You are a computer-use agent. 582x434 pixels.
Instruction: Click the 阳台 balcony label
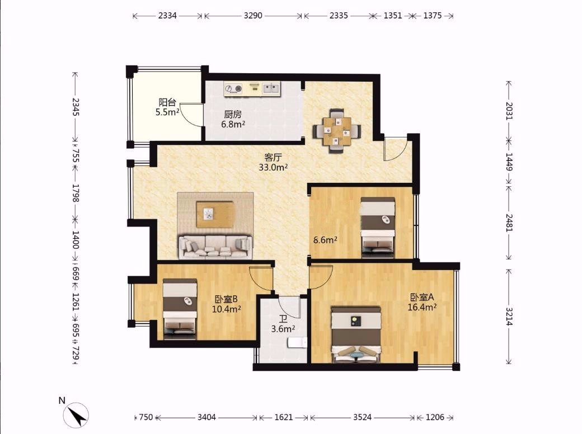[x=167, y=102]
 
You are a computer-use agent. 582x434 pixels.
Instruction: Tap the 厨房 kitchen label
[x=233, y=114]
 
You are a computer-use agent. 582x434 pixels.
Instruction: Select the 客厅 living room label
[x=273, y=157]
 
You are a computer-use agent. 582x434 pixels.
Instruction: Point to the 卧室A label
[x=421, y=297]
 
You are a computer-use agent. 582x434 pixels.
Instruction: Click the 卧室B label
[x=226, y=299]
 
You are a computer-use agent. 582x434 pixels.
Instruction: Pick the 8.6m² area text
[x=325, y=240]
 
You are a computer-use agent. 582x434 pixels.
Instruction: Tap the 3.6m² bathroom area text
[x=283, y=329]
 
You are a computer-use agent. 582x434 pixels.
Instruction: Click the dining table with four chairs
[x=337, y=131]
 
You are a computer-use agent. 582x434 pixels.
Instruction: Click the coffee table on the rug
[x=215, y=214]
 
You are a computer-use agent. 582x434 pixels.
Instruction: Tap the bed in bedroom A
[x=356, y=334]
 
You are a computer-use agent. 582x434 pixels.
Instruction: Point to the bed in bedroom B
[x=180, y=309]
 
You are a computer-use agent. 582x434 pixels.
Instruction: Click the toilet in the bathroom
[x=297, y=342]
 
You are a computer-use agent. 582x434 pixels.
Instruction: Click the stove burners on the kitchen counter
[x=233, y=88]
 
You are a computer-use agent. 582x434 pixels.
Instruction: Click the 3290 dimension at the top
[x=253, y=16]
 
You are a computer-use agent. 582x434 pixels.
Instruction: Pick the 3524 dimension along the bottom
[x=362, y=417]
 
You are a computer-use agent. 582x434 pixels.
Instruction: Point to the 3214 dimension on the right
[x=509, y=317]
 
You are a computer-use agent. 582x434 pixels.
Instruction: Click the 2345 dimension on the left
[x=76, y=106]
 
